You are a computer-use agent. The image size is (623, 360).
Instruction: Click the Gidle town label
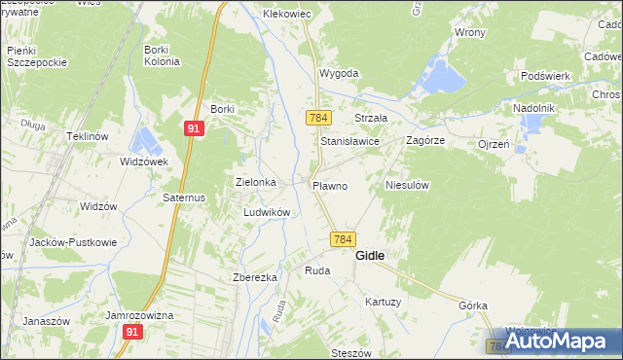370,256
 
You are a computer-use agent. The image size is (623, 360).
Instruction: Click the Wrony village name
469,32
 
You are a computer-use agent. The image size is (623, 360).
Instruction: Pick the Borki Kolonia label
162,55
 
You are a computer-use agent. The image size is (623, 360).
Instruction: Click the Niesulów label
408,184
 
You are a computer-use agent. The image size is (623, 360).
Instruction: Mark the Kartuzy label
383,302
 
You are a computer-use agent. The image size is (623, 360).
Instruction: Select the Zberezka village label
255,277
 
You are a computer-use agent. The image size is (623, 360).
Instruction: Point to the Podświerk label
544,76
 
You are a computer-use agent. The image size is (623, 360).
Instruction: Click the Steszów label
352,352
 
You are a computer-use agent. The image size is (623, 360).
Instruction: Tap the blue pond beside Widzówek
145,140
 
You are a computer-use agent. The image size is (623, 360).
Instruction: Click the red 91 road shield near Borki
194,126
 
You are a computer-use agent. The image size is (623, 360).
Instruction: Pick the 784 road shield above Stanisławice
316,118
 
